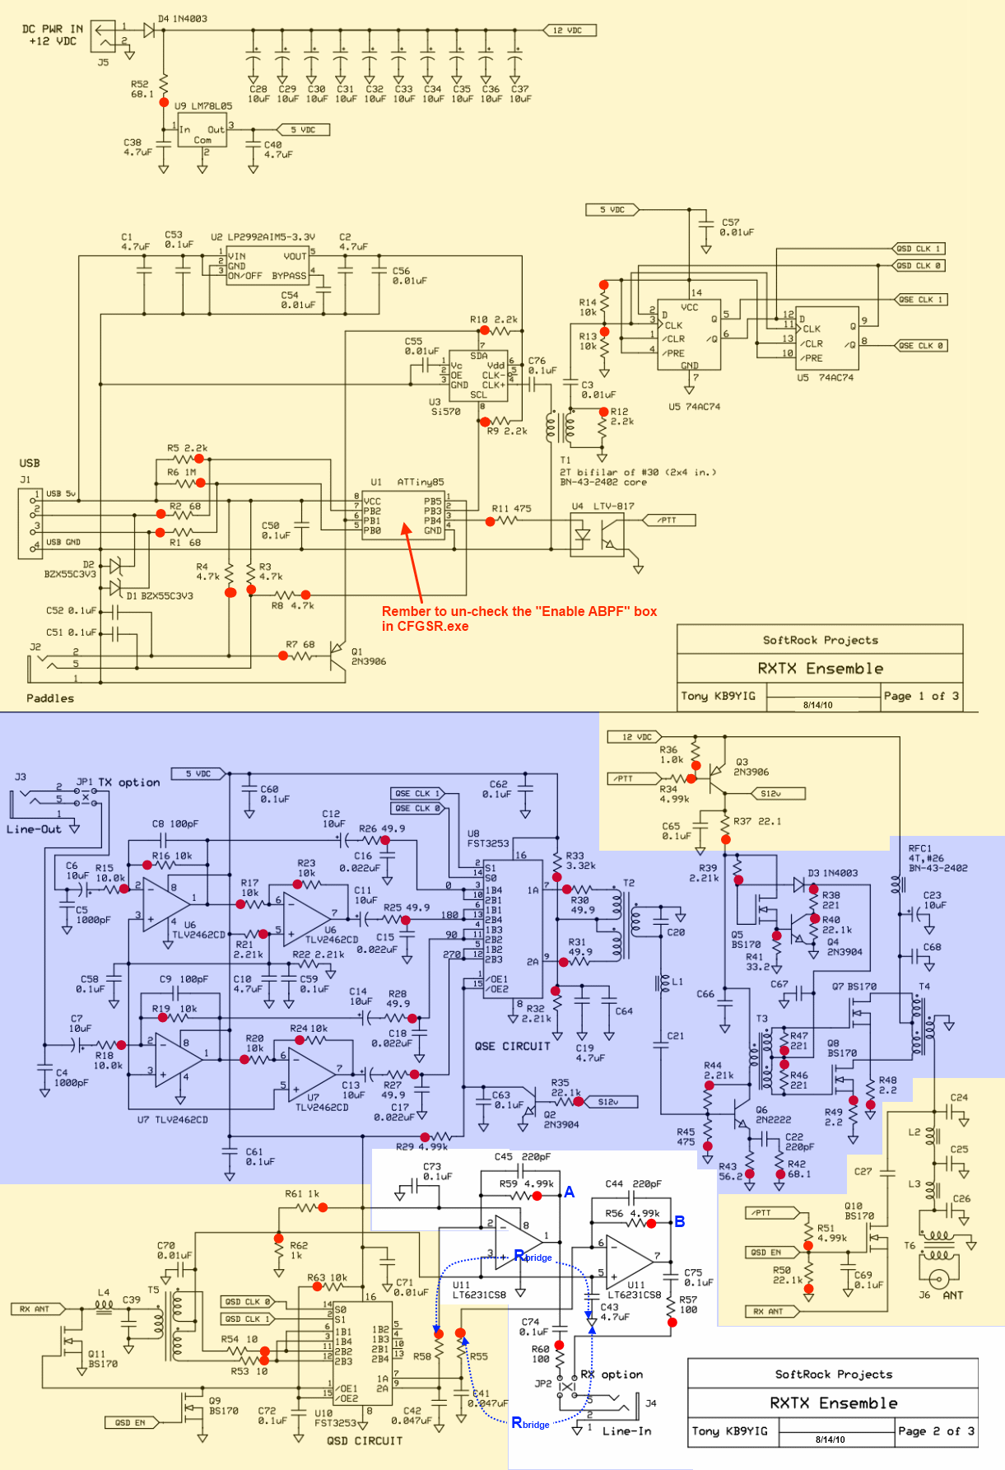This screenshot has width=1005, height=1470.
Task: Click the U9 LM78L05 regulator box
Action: point(202,131)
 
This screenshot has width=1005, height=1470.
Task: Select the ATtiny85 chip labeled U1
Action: point(403,516)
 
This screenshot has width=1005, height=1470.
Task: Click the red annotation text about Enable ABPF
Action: point(519,618)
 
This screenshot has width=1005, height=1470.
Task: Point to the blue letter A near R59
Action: point(569,1192)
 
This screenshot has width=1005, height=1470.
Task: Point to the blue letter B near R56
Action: point(680,1221)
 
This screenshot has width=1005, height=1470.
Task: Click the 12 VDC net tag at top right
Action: point(570,30)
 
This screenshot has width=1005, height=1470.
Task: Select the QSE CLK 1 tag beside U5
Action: point(921,300)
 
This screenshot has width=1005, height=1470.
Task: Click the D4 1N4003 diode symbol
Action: point(149,30)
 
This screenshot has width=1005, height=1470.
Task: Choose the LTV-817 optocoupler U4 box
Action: point(597,534)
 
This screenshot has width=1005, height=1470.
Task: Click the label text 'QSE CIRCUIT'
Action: point(512,1047)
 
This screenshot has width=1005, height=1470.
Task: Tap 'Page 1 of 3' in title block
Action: point(920,696)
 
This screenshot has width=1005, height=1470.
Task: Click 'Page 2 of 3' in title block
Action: point(936,1431)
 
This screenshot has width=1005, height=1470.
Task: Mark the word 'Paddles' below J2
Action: point(50,698)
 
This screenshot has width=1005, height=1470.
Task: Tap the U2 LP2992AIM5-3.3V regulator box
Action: point(268,265)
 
